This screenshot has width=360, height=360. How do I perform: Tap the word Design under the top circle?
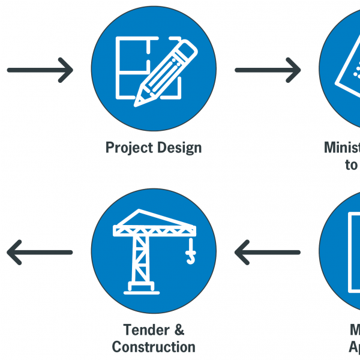[x=178, y=148]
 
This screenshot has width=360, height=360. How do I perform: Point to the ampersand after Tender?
[x=179, y=329]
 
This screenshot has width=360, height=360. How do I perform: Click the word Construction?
[x=154, y=347]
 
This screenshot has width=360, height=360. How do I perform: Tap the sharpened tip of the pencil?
[x=139, y=100]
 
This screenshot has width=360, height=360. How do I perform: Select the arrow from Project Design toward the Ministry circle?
[x=268, y=70]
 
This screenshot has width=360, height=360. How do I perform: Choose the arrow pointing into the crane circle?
[x=268, y=252]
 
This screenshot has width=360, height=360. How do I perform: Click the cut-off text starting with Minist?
[x=342, y=148]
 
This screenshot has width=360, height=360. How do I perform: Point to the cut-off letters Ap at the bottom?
[x=354, y=347]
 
